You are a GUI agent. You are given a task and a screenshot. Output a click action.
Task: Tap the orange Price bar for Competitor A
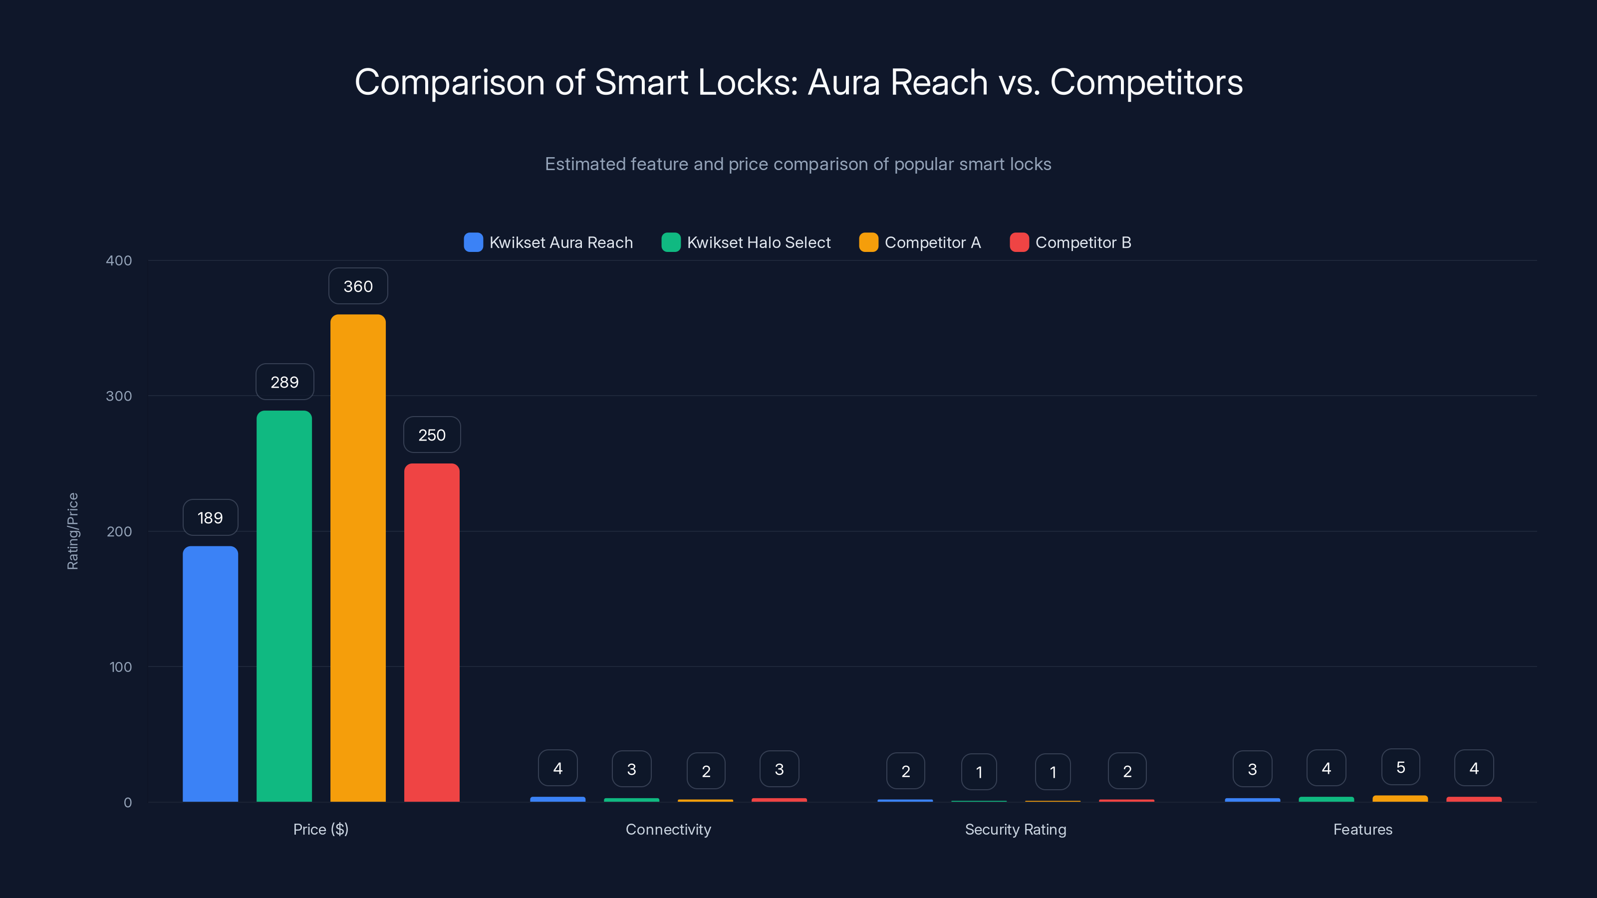click(358, 558)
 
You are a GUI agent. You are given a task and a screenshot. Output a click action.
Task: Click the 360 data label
click(358, 286)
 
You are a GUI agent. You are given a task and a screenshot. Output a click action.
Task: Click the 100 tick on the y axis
click(120, 667)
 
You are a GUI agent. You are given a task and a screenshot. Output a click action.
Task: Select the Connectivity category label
click(668, 829)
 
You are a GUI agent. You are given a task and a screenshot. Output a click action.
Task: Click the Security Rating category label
click(1016, 829)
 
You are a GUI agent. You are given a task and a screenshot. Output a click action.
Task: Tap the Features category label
click(1362, 829)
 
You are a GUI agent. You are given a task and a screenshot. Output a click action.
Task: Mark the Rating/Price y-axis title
click(72, 531)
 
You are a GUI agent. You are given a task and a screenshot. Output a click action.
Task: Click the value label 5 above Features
click(1400, 767)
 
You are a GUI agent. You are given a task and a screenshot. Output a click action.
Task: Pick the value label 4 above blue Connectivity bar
click(557, 768)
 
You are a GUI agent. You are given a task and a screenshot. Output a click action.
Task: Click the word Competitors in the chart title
click(1146, 82)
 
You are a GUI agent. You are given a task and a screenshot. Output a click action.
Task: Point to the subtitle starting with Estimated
click(798, 164)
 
